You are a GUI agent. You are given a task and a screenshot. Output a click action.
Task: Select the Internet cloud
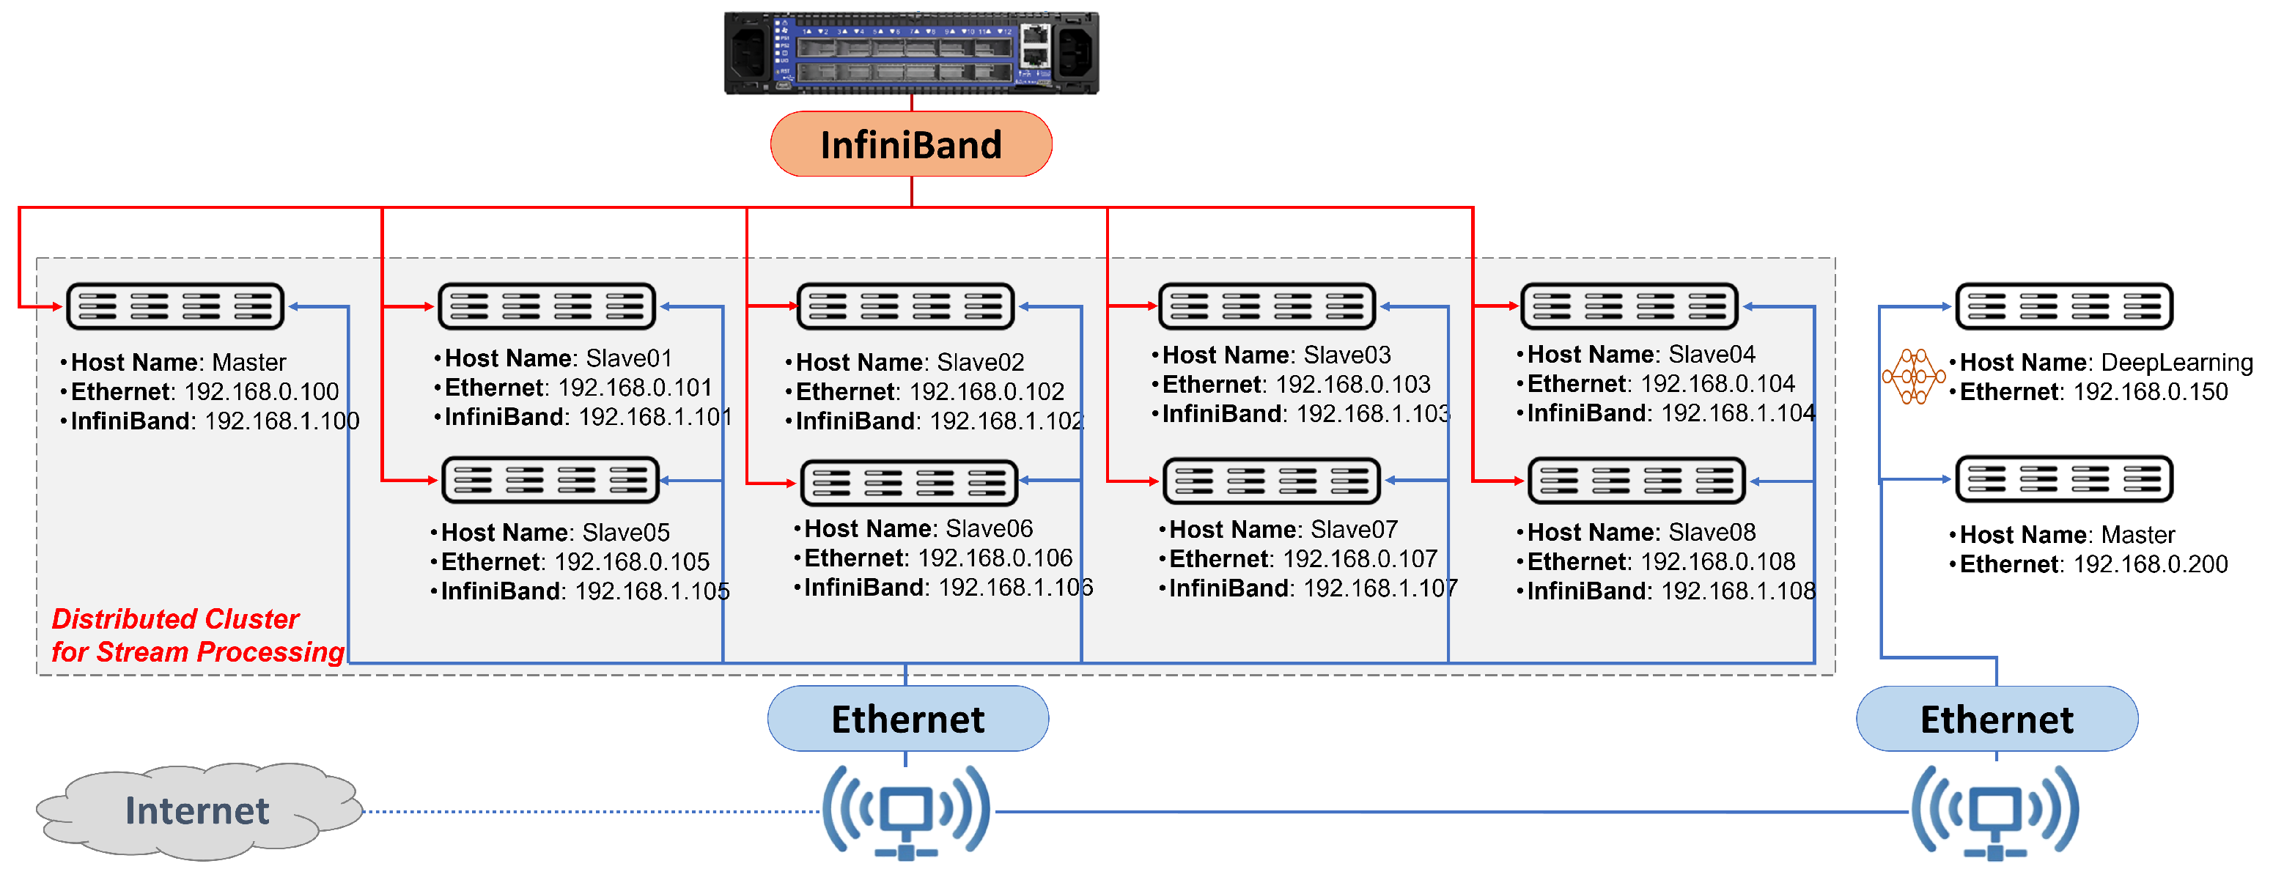[x=198, y=810]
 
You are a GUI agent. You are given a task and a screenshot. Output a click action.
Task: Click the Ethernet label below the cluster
[x=907, y=719]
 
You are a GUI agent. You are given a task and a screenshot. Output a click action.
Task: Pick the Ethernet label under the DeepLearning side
[x=1996, y=719]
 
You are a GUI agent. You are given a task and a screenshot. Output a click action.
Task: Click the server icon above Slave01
[x=547, y=306]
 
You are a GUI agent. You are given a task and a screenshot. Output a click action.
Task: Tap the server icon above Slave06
[x=909, y=482]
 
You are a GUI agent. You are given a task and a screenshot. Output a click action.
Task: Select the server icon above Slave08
[x=1636, y=481]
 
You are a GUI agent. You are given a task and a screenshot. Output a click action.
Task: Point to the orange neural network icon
[x=1912, y=377]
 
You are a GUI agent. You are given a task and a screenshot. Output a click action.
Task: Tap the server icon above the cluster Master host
[x=174, y=306]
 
